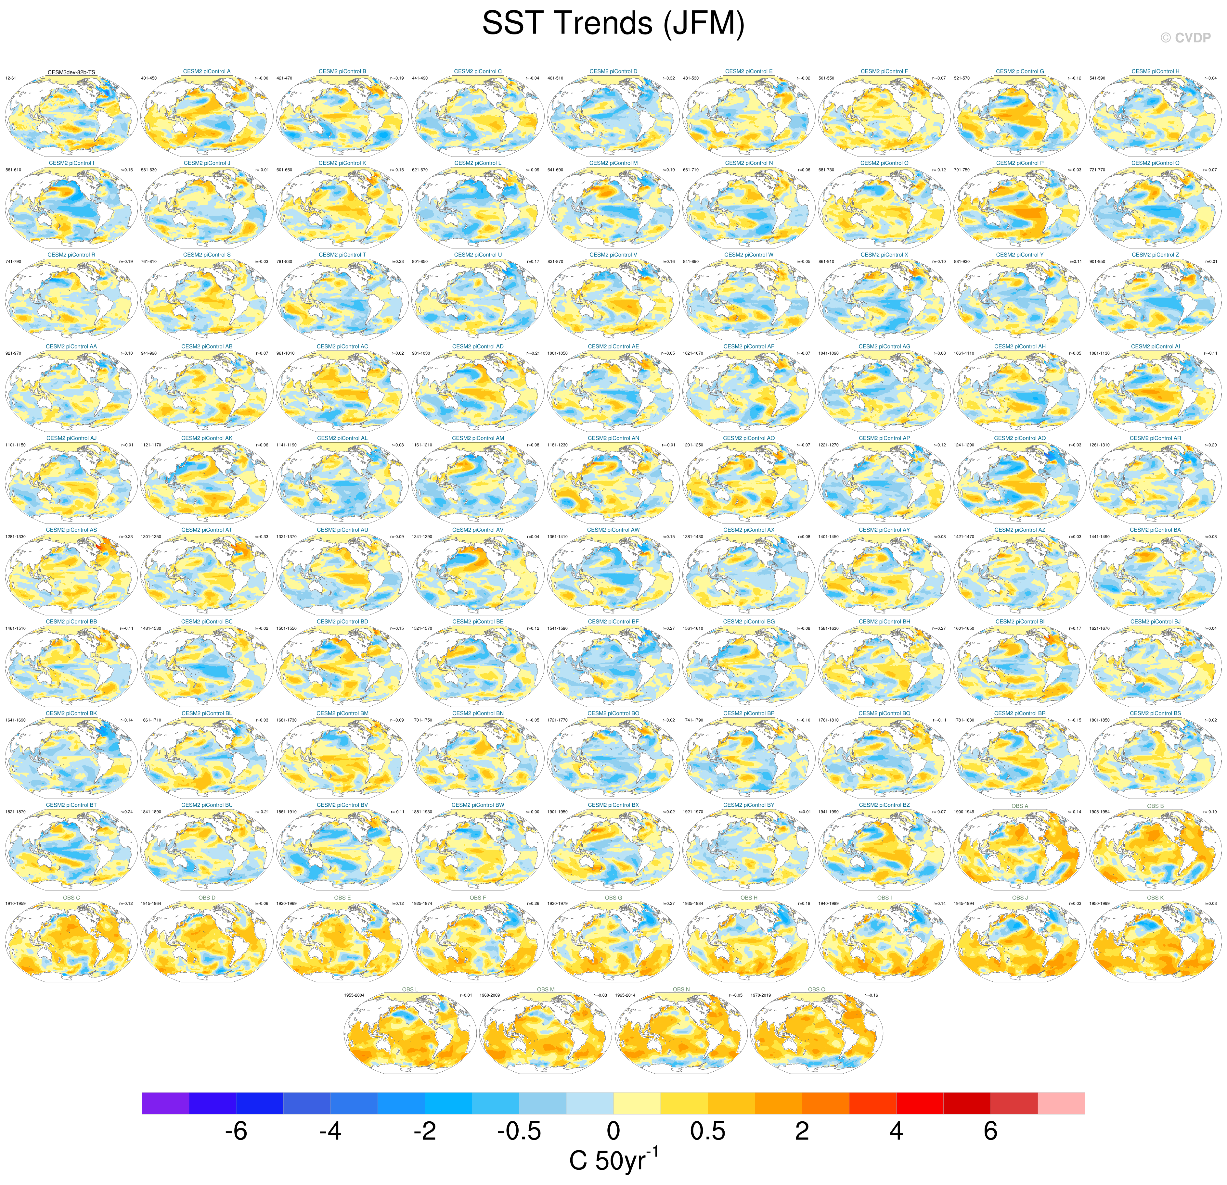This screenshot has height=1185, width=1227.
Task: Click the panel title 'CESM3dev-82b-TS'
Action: (71, 72)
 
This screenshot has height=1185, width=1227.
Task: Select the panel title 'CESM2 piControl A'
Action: (207, 71)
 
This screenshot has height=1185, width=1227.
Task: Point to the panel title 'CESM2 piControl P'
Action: (1020, 163)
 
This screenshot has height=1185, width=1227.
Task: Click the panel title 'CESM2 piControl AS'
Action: (71, 530)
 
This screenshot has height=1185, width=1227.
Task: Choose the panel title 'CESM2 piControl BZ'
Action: (884, 805)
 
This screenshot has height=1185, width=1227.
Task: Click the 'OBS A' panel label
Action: (1020, 806)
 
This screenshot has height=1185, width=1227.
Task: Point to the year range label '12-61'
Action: (11, 78)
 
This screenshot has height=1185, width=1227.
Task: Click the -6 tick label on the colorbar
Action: (236, 1131)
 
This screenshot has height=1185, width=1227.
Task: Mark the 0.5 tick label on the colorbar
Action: (707, 1131)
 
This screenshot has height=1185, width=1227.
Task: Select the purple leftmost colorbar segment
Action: (165, 1103)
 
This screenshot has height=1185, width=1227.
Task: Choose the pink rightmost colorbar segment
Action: (1061, 1103)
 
